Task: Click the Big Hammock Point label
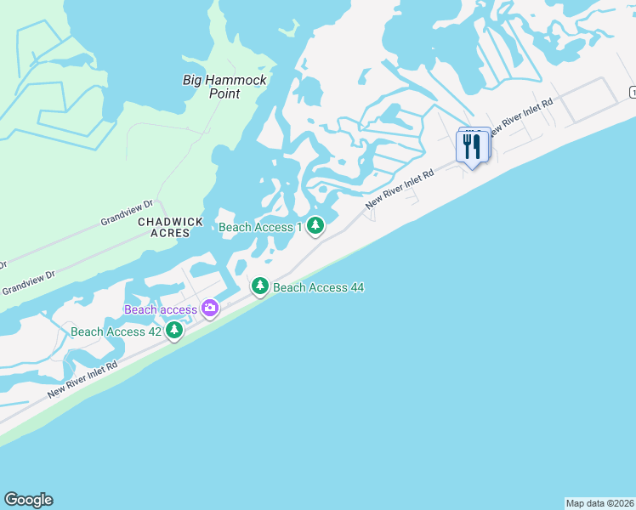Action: pos(225,87)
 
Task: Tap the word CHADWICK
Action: pos(171,222)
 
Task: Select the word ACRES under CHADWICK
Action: pos(171,233)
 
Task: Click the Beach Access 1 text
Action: pos(261,227)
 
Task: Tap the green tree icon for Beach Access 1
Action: pos(315,226)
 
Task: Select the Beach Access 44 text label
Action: pos(318,287)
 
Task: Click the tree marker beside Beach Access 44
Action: pos(259,286)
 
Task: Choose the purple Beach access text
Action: pos(161,309)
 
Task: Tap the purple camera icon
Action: pos(209,309)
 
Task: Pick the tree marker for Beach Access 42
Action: pos(174,330)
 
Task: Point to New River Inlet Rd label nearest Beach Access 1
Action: pos(400,188)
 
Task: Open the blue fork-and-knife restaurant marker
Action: pos(471,146)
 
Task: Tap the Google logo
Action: pos(28,500)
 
